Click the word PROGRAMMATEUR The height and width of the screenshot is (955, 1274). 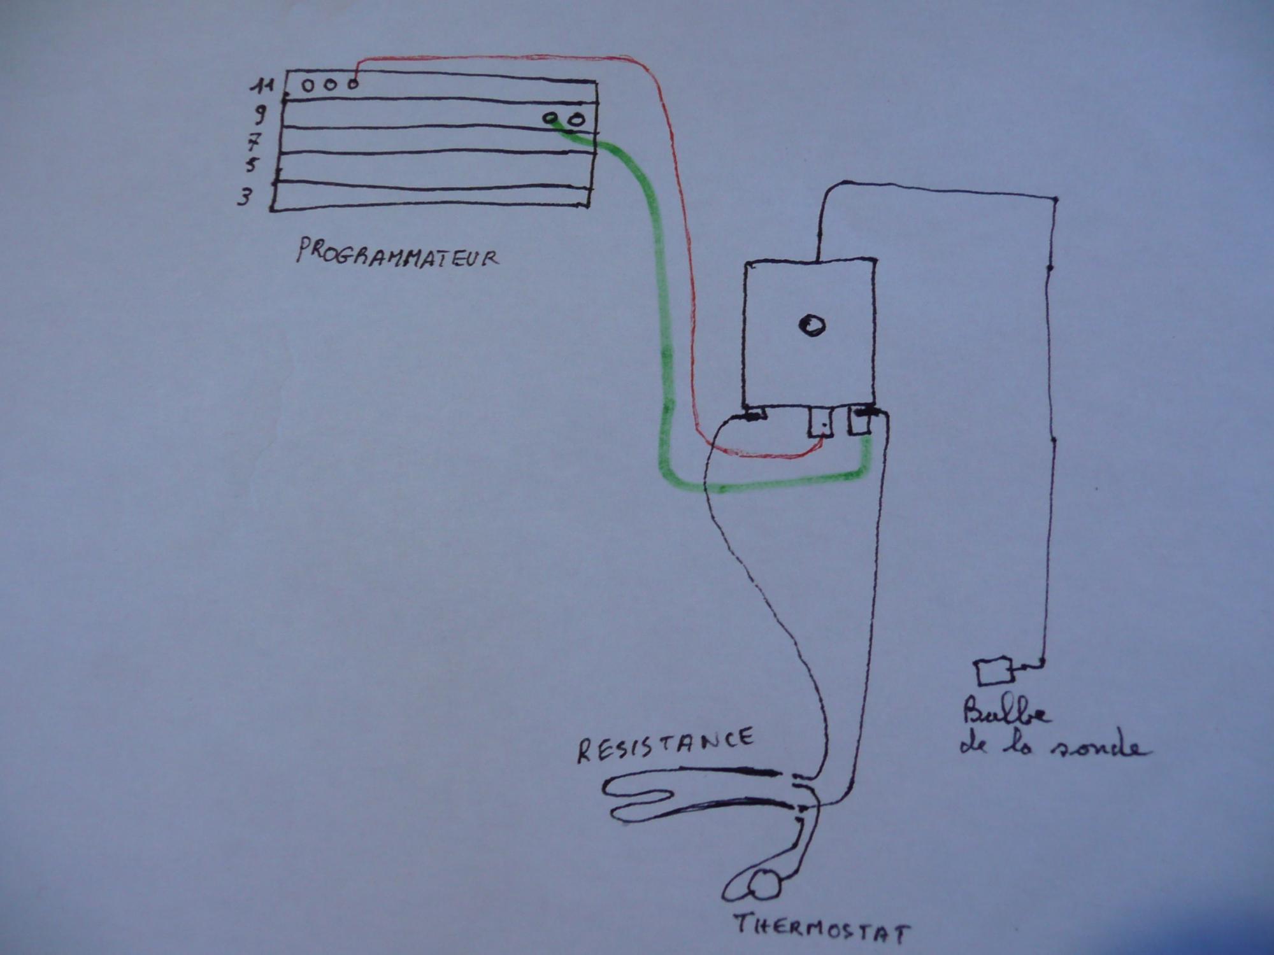click(396, 253)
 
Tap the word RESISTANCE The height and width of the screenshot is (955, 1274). click(665, 745)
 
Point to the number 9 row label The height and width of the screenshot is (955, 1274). click(259, 115)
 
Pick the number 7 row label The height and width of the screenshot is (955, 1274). click(255, 142)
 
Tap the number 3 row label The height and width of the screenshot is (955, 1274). click(244, 197)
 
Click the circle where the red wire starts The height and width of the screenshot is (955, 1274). click(352, 83)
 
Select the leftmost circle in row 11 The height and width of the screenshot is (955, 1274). click(308, 85)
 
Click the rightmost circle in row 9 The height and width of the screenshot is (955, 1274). click(576, 119)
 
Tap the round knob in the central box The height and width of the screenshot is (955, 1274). click(812, 325)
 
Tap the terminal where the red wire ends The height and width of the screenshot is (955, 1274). click(821, 422)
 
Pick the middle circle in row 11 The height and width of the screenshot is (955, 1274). click(330, 84)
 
